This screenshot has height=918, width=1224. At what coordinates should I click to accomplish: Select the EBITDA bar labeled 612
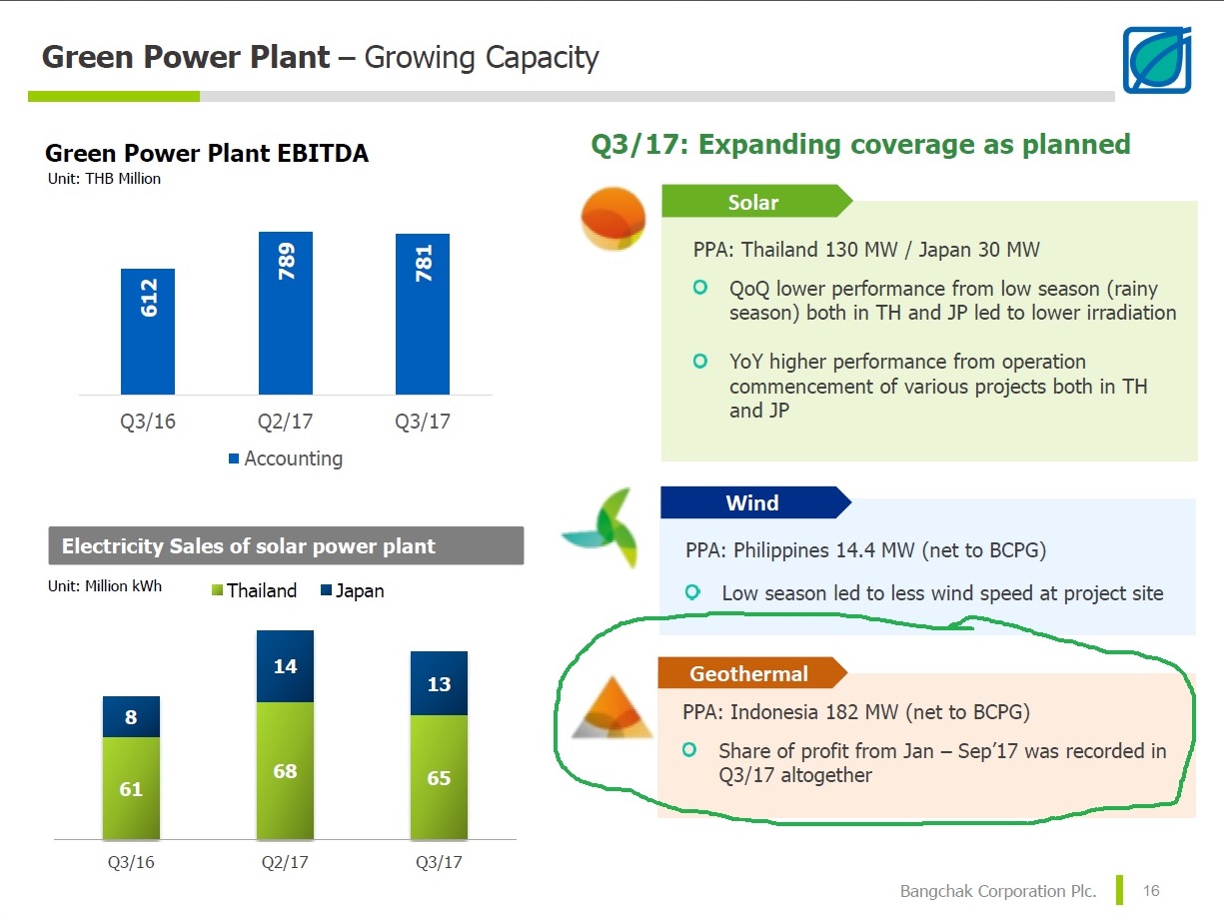[148, 332]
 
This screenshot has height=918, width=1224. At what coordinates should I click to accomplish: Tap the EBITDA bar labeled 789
[286, 314]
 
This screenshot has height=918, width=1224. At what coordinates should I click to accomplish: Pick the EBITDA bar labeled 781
[423, 315]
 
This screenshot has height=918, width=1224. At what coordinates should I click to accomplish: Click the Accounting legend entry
[286, 459]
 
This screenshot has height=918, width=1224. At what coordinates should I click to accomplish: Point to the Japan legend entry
[353, 590]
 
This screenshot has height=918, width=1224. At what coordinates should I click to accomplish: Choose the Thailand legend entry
[254, 590]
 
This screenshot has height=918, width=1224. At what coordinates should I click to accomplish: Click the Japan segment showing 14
[285, 666]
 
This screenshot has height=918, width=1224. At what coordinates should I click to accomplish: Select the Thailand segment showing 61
[131, 788]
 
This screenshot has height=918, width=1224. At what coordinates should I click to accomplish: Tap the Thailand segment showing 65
[439, 777]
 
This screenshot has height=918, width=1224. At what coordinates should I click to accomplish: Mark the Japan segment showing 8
[131, 717]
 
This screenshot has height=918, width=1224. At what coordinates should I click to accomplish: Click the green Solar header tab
[756, 201]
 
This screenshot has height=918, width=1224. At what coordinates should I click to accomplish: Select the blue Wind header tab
[755, 502]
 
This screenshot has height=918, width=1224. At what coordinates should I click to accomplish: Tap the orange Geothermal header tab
[752, 672]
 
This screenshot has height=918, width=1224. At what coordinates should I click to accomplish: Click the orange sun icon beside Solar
[613, 219]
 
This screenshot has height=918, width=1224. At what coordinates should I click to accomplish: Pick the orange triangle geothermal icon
[612, 708]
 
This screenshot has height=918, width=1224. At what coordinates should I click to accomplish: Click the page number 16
[1151, 890]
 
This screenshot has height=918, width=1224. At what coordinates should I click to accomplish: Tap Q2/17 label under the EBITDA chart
[285, 422]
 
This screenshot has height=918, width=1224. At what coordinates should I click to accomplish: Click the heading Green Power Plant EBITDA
[207, 153]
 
